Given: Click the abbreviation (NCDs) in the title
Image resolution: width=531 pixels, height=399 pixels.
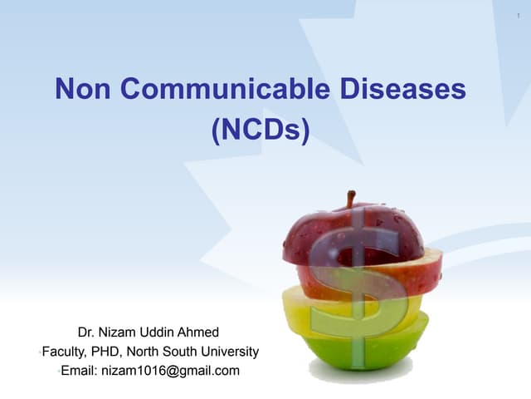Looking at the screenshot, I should point(261,131).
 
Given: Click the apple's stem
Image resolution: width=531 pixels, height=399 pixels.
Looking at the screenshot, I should point(351,199).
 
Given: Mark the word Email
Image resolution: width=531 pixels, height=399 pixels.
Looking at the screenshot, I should point(79,371).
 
